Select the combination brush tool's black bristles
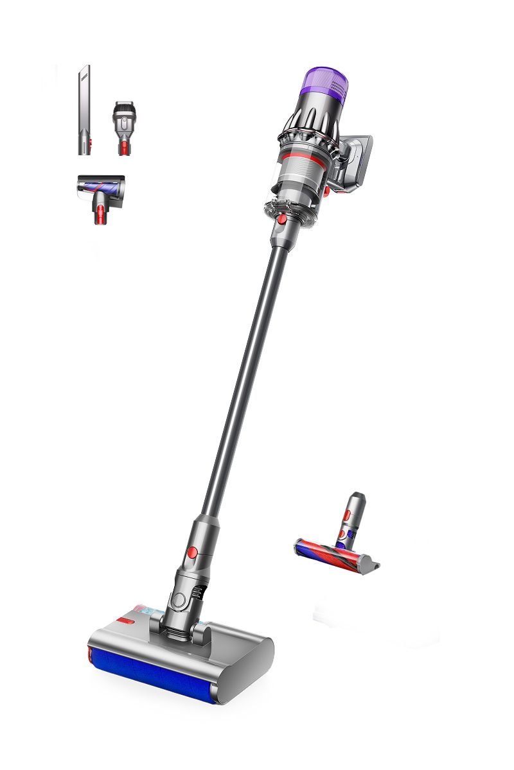tap(125, 105)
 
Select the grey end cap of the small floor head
tap(369, 565)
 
